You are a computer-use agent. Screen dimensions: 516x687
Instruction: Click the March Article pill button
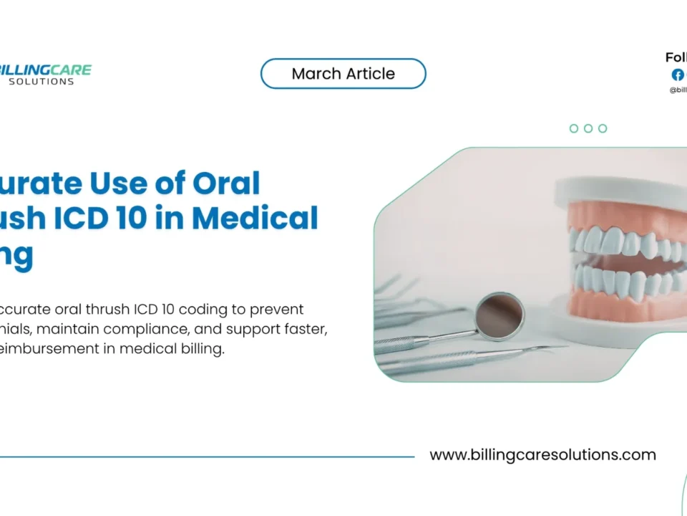click(343, 74)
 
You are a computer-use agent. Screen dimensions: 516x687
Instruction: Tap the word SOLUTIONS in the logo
click(42, 82)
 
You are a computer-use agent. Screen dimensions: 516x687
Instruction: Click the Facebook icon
click(677, 75)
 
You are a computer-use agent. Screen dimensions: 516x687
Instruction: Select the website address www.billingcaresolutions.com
click(542, 455)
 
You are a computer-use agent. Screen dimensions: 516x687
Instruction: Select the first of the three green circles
click(574, 128)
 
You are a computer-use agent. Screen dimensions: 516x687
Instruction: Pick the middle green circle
click(588, 128)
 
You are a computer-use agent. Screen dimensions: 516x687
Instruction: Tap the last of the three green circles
click(603, 128)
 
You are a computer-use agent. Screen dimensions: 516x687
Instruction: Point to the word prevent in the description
click(280, 310)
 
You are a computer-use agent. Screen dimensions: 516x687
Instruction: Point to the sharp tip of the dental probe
click(565, 349)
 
